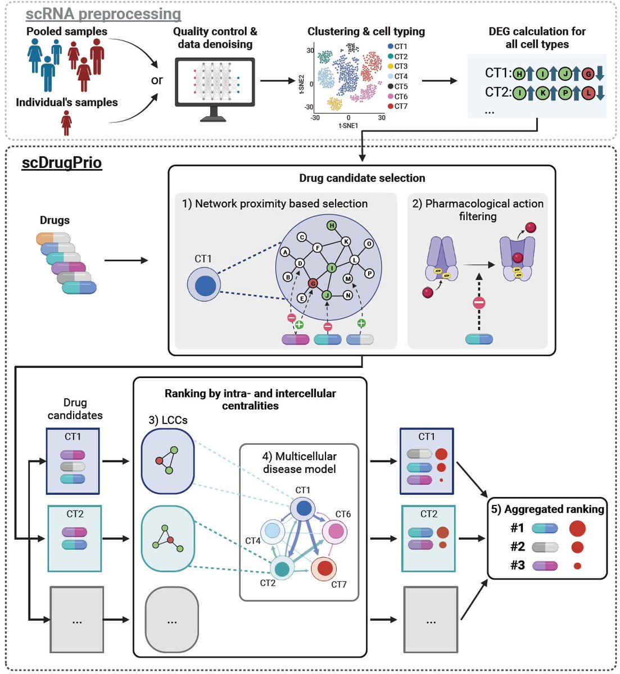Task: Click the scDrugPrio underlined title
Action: click(x=62, y=163)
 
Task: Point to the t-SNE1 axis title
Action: click(x=349, y=126)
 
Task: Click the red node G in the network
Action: click(x=313, y=284)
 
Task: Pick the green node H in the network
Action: click(x=332, y=226)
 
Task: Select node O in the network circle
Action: click(x=369, y=244)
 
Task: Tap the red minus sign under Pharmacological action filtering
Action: click(x=479, y=303)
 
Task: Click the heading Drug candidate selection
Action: click(x=362, y=178)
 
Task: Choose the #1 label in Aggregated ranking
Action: click(x=517, y=528)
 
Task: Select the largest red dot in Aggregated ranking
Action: click(x=577, y=528)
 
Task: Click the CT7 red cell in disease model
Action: click(x=324, y=568)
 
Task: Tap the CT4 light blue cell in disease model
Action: click(x=273, y=531)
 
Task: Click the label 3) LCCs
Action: click(x=168, y=420)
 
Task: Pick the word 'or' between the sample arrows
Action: click(x=157, y=80)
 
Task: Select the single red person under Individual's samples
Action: click(x=66, y=122)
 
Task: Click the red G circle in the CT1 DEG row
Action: click(x=588, y=74)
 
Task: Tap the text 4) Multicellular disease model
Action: click(x=299, y=462)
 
